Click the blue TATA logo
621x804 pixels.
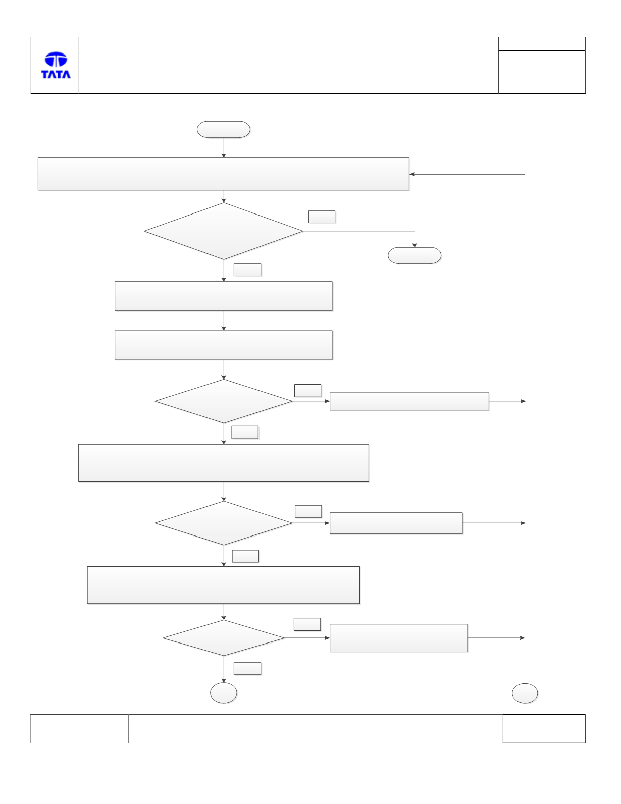[x=56, y=65]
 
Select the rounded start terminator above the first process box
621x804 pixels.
[x=224, y=130]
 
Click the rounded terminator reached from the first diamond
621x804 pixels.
[x=415, y=256]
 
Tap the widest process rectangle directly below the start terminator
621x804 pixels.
[x=224, y=174]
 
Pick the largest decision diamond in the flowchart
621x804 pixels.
[x=224, y=231]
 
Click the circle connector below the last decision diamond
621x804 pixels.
[x=224, y=693]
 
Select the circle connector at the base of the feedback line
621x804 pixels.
[x=525, y=693]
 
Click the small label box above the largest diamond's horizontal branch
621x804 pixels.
[x=322, y=217]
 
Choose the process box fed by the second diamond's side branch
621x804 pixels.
[x=409, y=401]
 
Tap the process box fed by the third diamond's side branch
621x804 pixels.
[x=396, y=523]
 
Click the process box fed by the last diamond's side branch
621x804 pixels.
[x=398, y=638]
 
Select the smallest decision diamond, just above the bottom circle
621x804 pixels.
[x=224, y=638]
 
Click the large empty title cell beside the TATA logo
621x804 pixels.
[x=288, y=65]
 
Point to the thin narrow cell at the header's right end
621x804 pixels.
[x=542, y=44]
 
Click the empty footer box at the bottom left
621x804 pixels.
[x=79, y=729]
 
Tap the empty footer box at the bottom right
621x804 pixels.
[x=544, y=729]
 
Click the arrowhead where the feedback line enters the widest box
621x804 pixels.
[x=411, y=174]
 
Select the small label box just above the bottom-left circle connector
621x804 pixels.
[x=247, y=669]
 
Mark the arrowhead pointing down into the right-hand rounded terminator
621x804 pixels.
[x=415, y=245]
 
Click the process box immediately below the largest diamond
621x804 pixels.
[x=224, y=296]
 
